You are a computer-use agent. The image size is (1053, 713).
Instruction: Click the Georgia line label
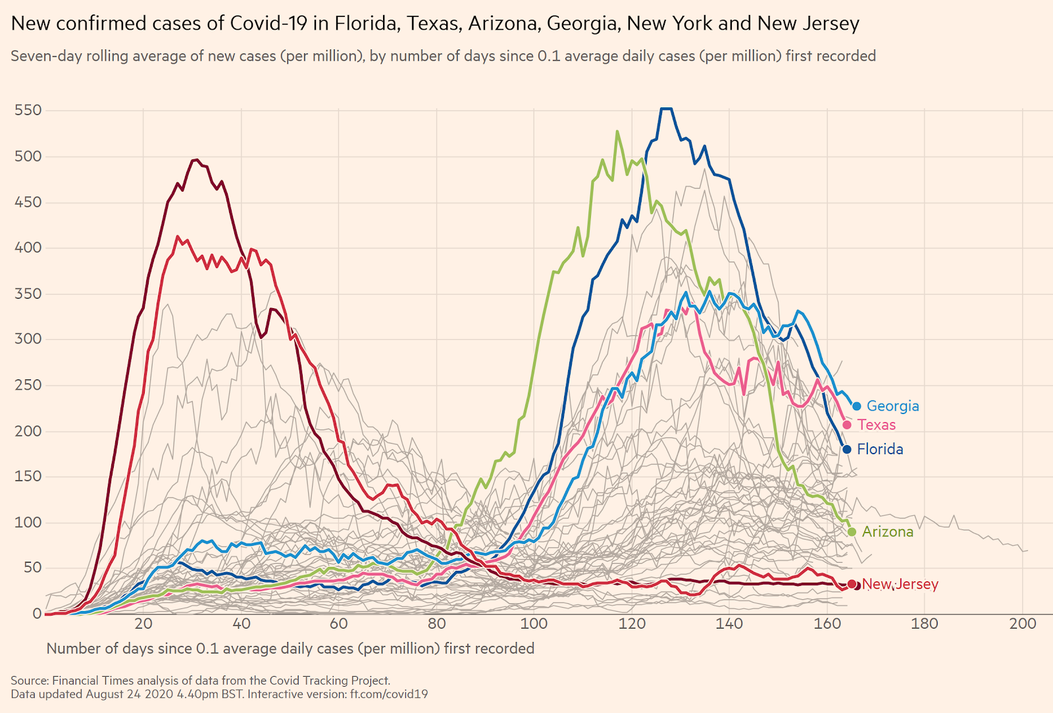click(x=892, y=406)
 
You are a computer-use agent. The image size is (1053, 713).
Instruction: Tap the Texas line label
click(x=876, y=425)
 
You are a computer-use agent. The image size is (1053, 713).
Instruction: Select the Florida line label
click(x=880, y=450)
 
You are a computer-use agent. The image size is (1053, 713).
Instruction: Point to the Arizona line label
click(x=887, y=532)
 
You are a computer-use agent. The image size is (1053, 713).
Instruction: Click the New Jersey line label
click(x=900, y=585)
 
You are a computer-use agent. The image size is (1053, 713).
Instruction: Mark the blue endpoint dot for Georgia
click(x=856, y=406)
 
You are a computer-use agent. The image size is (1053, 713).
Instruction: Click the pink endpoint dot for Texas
click(x=847, y=425)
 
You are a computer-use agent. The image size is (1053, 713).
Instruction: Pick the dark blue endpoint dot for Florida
click(x=847, y=450)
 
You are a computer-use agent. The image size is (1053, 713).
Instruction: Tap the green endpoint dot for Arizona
click(x=852, y=532)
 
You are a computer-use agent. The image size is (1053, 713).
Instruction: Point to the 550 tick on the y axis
click(x=28, y=111)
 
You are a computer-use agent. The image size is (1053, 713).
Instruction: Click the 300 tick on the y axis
click(x=28, y=339)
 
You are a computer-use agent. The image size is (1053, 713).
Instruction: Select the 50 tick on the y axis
click(x=32, y=568)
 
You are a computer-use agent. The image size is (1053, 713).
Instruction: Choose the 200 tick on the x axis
click(x=1022, y=624)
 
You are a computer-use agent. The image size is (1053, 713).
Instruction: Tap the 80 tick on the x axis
click(x=436, y=624)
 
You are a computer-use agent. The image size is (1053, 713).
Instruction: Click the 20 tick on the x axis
click(x=143, y=624)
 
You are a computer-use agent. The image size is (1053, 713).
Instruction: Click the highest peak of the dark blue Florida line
click(x=666, y=109)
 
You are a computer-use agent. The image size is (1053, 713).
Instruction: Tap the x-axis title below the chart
click(x=290, y=649)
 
